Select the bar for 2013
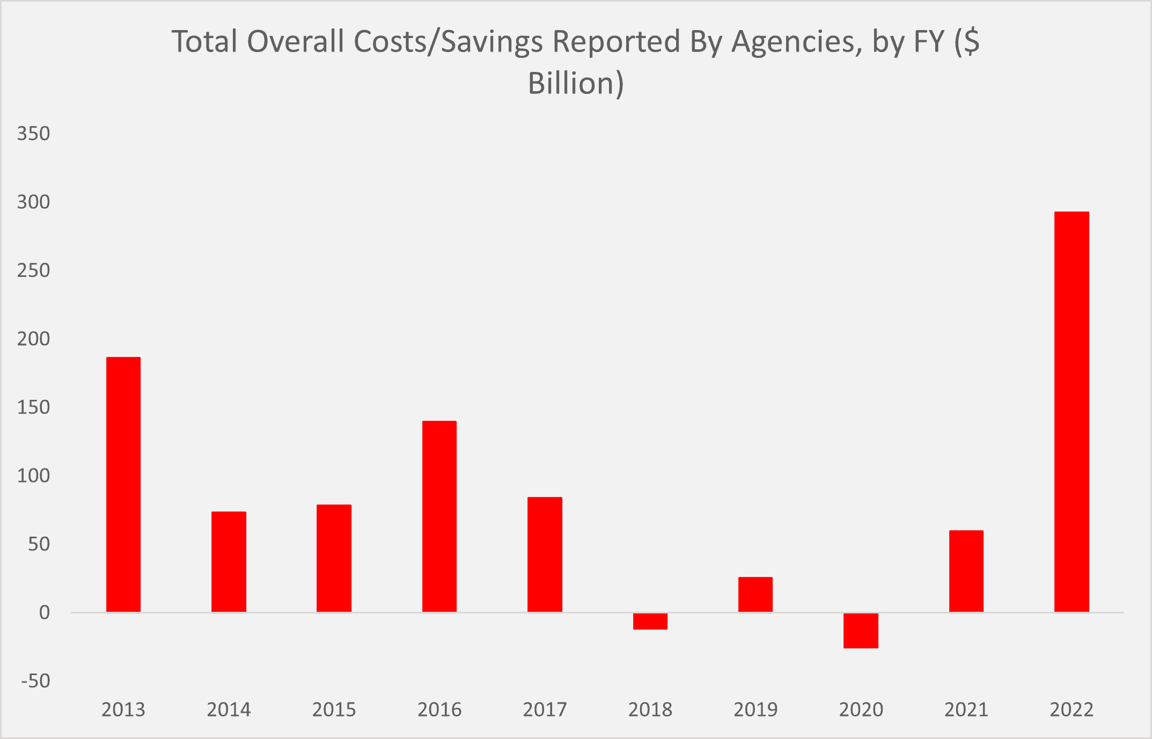(123, 484)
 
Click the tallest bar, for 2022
(1072, 412)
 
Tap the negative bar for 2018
(650, 621)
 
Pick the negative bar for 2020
(861, 630)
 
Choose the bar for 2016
(439, 516)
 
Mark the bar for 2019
(755, 594)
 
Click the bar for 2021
(966, 571)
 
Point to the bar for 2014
(229, 561)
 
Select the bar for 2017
(545, 554)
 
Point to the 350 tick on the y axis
(33, 133)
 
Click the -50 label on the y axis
(35, 681)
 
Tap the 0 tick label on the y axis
(44, 612)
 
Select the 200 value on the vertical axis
(33, 339)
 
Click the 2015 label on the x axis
(334, 709)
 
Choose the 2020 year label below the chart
(861, 709)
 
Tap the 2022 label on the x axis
(1072, 709)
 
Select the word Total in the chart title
(204, 42)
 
